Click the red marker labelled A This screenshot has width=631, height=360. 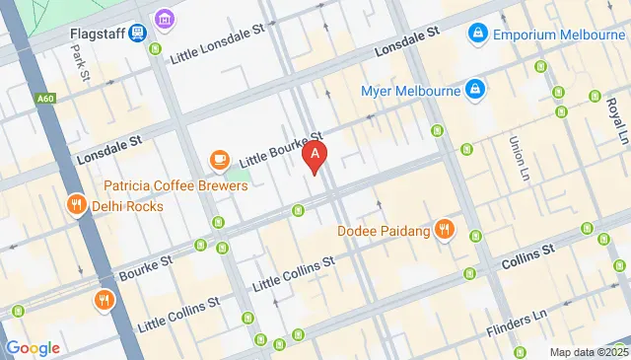[315, 156]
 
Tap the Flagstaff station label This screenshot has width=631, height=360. [96, 31]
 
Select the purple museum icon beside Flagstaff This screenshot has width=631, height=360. [164, 19]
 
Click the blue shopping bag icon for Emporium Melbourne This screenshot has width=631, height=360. [477, 33]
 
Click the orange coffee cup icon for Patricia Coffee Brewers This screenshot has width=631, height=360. [219, 160]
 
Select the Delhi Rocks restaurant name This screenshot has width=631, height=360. [128, 206]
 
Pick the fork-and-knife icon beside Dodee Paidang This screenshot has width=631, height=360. [445, 229]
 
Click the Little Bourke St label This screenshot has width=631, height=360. [283, 150]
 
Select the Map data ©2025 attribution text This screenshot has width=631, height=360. [588, 352]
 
